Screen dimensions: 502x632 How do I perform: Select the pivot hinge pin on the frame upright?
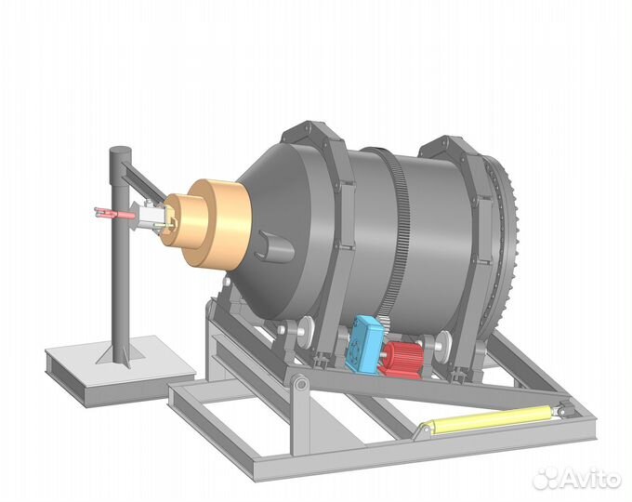point(299,384)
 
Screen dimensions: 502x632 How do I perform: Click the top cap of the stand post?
point(119,151)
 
